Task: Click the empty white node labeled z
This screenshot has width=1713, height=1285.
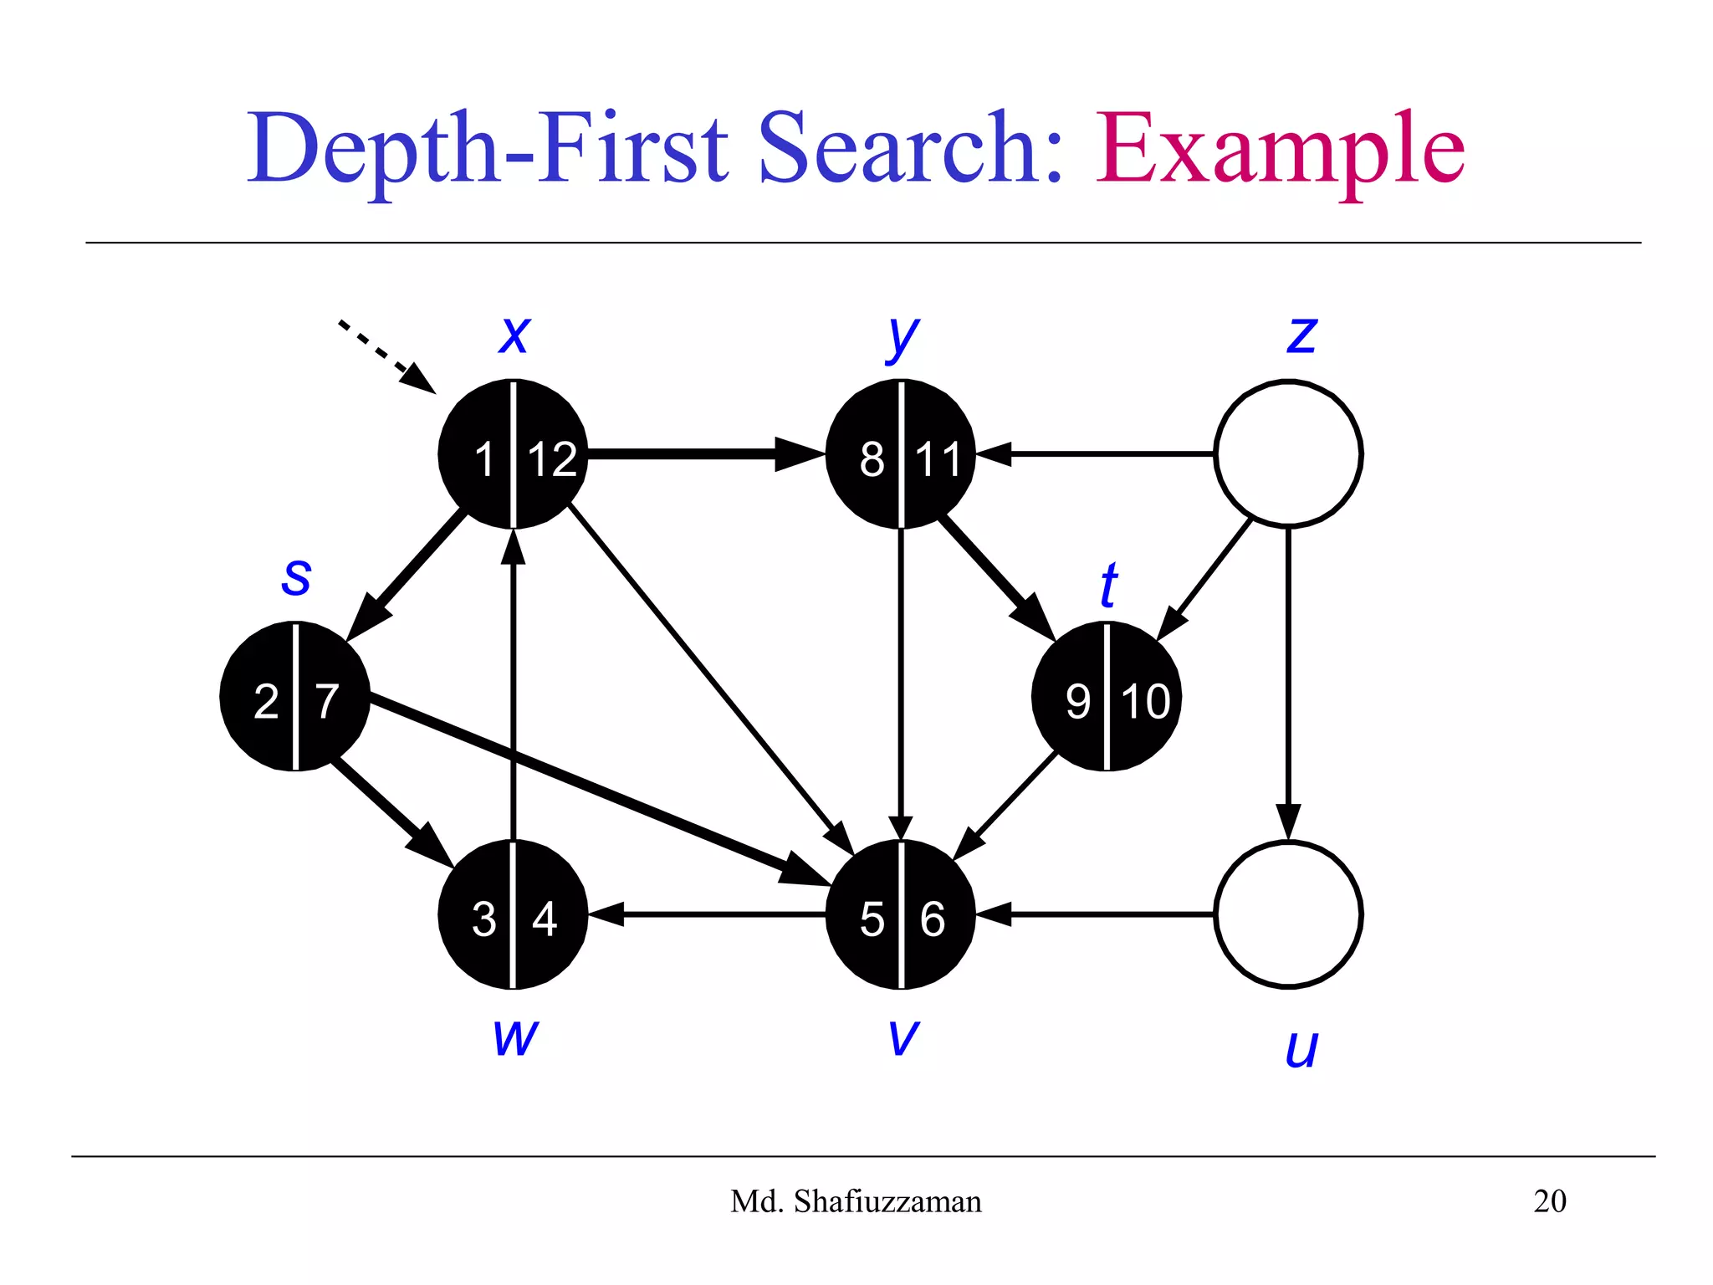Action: (1288, 453)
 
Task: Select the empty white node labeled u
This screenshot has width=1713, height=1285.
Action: (1288, 914)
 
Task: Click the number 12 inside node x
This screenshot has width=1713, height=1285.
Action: (552, 459)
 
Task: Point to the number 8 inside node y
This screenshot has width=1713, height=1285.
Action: (872, 459)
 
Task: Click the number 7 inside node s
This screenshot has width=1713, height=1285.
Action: (326, 701)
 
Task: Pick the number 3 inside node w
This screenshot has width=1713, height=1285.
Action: (483, 919)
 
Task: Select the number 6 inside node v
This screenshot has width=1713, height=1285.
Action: (933, 919)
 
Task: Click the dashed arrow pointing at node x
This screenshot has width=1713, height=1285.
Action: (386, 356)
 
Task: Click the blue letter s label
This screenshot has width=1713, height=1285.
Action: (296, 577)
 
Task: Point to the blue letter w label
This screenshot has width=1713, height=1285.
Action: (515, 1037)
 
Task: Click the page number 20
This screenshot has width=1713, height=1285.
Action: (1549, 1201)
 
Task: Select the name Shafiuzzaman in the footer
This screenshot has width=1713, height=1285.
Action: (887, 1201)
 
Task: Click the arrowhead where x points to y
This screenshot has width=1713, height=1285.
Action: (799, 453)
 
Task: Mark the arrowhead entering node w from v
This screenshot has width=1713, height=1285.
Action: (606, 914)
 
